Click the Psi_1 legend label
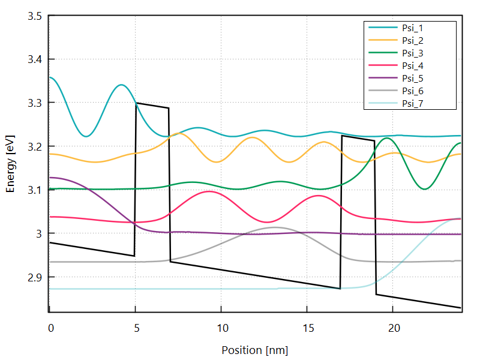pyautogui.click(x=413, y=28)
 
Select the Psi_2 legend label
pyautogui.click(x=413, y=40)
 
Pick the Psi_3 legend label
pyautogui.click(x=413, y=53)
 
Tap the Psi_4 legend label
pyautogui.click(x=413, y=65)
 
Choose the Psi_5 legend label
pyautogui.click(x=413, y=78)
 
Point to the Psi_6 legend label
pyautogui.click(x=413, y=91)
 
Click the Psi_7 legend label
pyautogui.click(x=413, y=103)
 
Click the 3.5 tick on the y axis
pyautogui.click(x=34, y=16)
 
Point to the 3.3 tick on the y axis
pyautogui.click(x=34, y=103)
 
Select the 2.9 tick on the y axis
pyautogui.click(x=34, y=277)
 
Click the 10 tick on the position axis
pyautogui.click(x=221, y=328)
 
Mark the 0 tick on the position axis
pyautogui.click(x=50, y=328)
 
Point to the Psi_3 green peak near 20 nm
pyautogui.click(x=388, y=139)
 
